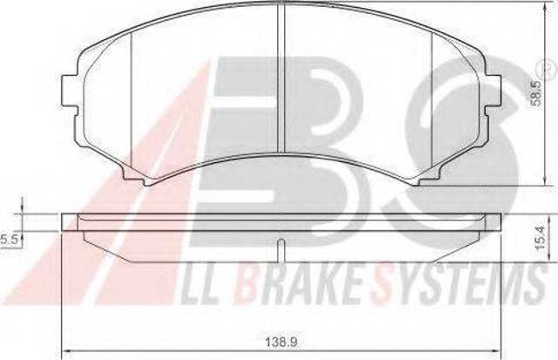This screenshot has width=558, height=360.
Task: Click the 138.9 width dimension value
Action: click(x=281, y=343)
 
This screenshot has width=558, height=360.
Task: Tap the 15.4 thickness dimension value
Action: click(x=541, y=242)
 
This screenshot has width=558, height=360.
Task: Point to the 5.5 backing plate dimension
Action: click(x=9, y=240)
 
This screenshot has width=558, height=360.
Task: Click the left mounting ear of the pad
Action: click(x=70, y=91)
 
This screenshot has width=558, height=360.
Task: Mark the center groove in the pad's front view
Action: click(x=281, y=78)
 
